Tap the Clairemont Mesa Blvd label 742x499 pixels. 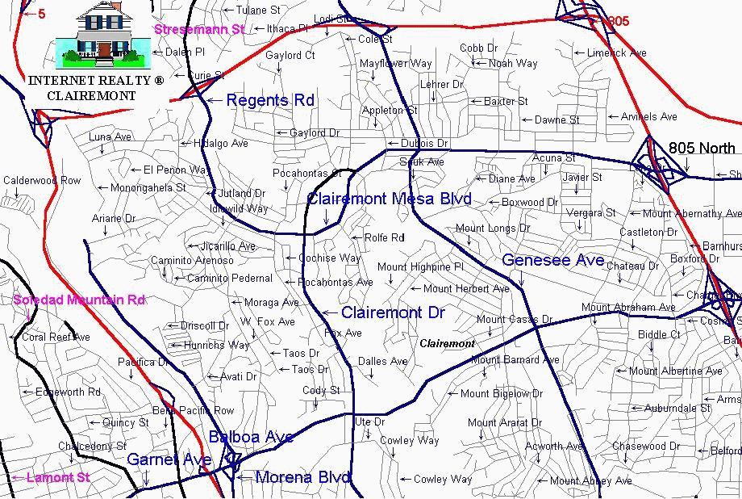click(x=389, y=199)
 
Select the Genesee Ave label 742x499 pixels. click(x=552, y=260)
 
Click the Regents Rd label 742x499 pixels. click(x=270, y=100)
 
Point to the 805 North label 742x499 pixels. click(x=702, y=148)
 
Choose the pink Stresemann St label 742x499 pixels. click(x=198, y=29)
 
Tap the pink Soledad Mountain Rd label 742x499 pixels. click(x=79, y=300)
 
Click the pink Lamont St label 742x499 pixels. click(x=58, y=477)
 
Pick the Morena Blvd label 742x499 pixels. click(x=302, y=477)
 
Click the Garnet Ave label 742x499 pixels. click(x=169, y=459)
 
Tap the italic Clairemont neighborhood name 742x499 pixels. click(x=447, y=343)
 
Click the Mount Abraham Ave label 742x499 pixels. click(x=628, y=308)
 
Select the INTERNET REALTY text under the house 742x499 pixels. click(x=96, y=81)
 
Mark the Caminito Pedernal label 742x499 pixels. click(x=230, y=279)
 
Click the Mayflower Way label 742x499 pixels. click(x=396, y=63)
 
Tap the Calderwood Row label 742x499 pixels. click(x=42, y=181)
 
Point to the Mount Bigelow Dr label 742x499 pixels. click(x=501, y=394)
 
